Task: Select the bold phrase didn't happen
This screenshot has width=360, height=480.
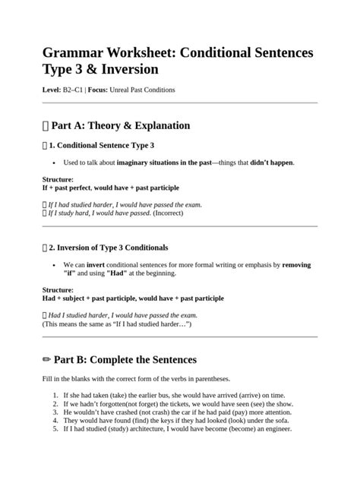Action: point(271,163)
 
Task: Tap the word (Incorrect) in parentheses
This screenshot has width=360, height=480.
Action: point(175,213)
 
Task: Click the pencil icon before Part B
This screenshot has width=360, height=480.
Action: point(46,359)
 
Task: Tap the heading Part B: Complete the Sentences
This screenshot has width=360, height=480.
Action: point(125,359)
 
